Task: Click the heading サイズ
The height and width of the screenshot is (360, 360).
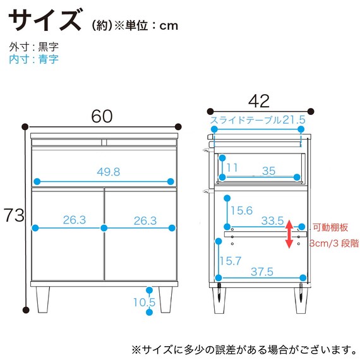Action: click(45, 20)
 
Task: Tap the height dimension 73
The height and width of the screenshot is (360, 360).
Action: click(14, 215)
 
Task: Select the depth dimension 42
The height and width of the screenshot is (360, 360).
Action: click(258, 101)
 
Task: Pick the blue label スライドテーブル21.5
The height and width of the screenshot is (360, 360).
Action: click(258, 120)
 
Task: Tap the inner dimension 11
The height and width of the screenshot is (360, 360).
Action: click(232, 168)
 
